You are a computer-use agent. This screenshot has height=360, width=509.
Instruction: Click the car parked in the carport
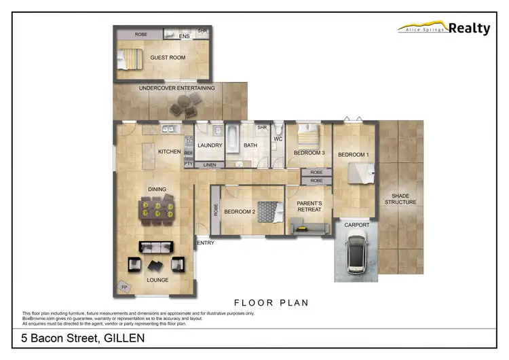point(356,251)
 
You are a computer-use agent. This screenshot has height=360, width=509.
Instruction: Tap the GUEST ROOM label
point(168,58)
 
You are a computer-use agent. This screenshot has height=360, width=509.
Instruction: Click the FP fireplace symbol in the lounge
point(123,287)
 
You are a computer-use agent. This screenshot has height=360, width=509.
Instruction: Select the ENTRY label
point(205,242)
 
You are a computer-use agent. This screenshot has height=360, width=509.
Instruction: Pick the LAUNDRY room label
point(210,145)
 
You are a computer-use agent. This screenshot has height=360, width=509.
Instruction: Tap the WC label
point(278,140)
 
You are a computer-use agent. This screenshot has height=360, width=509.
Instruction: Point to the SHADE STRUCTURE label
point(400,199)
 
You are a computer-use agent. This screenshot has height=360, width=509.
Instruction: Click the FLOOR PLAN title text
point(271,302)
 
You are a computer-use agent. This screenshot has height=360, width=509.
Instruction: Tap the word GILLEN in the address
point(123,338)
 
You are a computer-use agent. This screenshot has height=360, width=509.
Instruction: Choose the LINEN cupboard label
point(210,165)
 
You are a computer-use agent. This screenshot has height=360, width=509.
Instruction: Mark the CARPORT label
point(357,225)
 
